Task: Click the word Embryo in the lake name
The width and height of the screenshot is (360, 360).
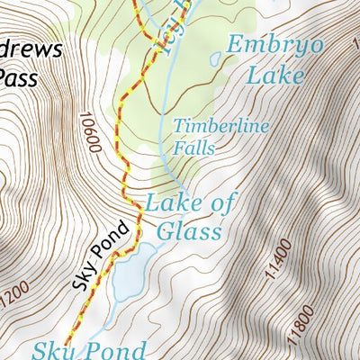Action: [x=265, y=44]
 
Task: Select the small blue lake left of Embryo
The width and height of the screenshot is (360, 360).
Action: [x=215, y=59]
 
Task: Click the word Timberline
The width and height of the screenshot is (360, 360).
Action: [x=220, y=126]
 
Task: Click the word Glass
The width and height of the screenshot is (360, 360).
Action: [x=188, y=231]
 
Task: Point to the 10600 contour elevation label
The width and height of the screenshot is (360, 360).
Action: [x=92, y=134]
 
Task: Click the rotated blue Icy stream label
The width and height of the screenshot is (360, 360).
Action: [x=176, y=27]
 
